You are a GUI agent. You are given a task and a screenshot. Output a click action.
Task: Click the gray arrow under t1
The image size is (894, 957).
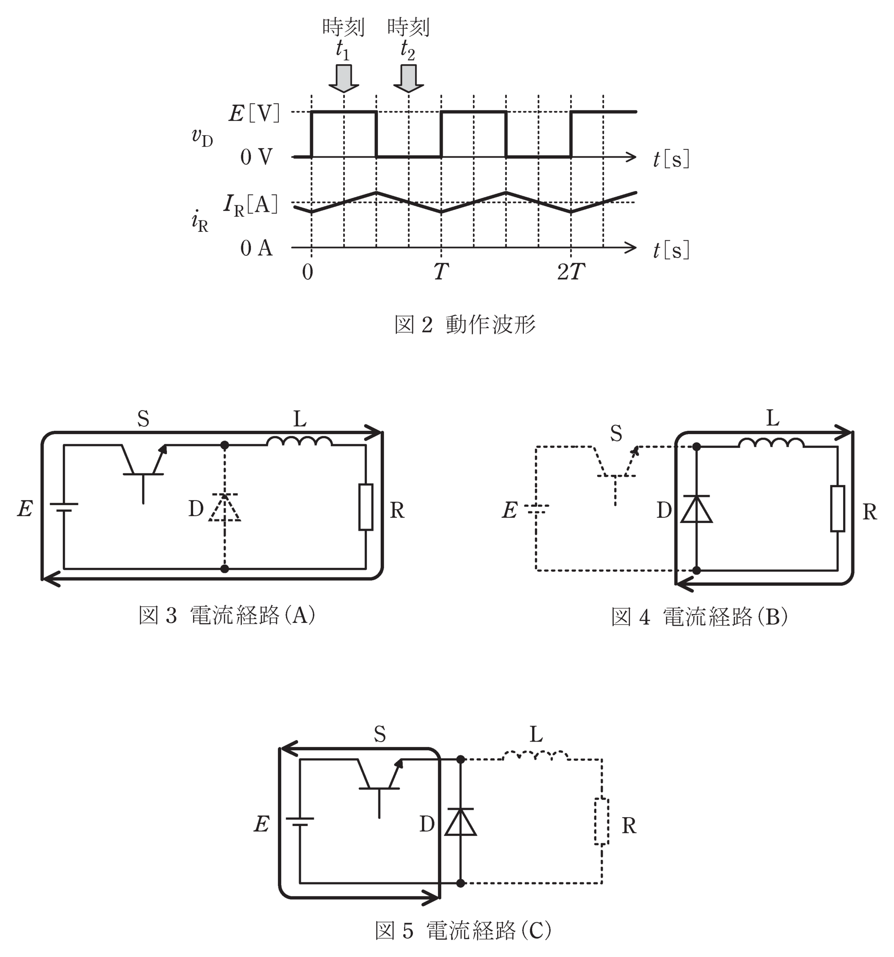344,78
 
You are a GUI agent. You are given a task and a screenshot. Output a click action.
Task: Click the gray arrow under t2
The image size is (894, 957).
408,78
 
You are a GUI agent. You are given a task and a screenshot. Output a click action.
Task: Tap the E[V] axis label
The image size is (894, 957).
254,114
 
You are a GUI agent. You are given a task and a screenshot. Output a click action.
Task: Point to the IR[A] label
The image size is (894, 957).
250,205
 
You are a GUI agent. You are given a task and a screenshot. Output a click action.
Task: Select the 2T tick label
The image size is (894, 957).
571,272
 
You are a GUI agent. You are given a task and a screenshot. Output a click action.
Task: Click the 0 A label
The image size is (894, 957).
256,248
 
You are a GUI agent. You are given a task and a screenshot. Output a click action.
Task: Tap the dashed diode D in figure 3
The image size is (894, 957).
224,507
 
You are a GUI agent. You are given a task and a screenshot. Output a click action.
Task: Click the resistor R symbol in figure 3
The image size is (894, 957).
366,507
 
